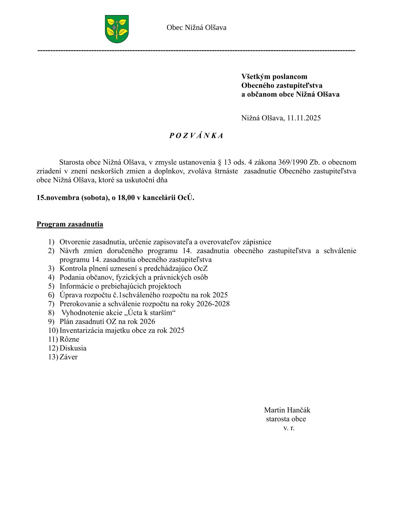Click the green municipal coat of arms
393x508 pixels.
pyautogui.click(x=117, y=29)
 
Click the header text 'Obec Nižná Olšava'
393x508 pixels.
pyautogui.click(x=196, y=28)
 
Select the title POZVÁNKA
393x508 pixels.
pyautogui.click(x=196, y=136)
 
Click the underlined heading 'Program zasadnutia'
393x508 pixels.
pyautogui.click(x=70, y=224)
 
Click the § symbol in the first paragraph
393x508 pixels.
pyautogui.click(x=220, y=162)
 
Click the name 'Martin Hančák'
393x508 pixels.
pyautogui.click(x=287, y=410)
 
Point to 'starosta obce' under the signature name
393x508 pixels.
pyautogui.click(x=286, y=419)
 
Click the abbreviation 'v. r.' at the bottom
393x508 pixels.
pyautogui.click(x=289, y=428)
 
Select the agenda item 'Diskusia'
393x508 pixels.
pyautogui.click(x=73, y=348)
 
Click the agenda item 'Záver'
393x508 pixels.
pyautogui.click(x=68, y=357)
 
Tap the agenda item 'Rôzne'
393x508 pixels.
pyautogui.click(x=69, y=339)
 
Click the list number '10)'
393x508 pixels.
pyautogui.click(x=53, y=331)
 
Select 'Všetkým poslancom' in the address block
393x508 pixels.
pyautogui.click(x=274, y=77)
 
